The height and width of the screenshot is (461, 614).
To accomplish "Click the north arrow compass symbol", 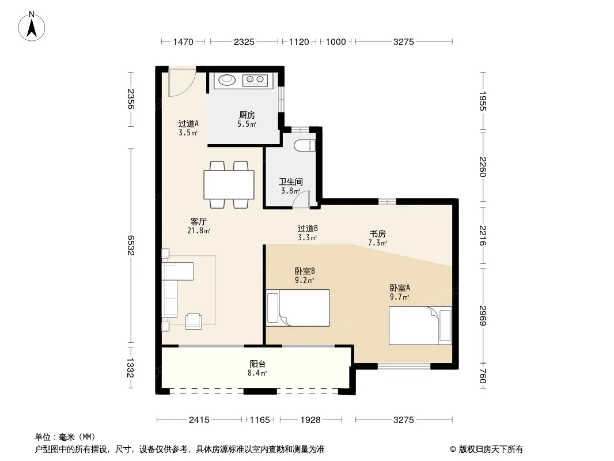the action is (x=32, y=27).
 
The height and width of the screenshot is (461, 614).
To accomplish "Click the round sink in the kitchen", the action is (x=227, y=80).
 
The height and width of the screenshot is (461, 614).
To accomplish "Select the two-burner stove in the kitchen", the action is (x=255, y=80).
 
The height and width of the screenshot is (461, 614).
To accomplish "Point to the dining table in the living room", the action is (x=229, y=184).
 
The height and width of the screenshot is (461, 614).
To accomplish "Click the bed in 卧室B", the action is (x=298, y=308).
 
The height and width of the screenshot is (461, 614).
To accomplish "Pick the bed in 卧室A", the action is (x=420, y=326).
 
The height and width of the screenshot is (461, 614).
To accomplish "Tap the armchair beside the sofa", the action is (x=194, y=321).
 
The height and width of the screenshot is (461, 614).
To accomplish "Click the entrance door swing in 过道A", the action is (x=181, y=82).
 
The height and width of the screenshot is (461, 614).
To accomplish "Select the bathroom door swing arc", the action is (x=301, y=198).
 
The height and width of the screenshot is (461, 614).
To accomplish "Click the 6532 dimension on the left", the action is (x=131, y=245).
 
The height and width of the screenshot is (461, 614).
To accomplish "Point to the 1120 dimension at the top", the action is (x=299, y=41).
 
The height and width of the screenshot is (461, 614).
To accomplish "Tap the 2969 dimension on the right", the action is (x=483, y=315).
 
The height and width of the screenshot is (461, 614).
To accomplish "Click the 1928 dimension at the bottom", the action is (x=310, y=420).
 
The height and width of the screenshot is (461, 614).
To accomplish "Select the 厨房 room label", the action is (x=247, y=115).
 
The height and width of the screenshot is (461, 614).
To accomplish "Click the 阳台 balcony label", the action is (x=257, y=364).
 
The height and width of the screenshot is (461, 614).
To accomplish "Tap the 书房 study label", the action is (x=377, y=234).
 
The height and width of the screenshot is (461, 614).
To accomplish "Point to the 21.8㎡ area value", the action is (x=199, y=231).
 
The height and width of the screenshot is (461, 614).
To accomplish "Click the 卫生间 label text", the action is (x=290, y=182).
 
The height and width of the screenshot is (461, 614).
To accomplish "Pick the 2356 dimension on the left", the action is (x=131, y=99).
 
